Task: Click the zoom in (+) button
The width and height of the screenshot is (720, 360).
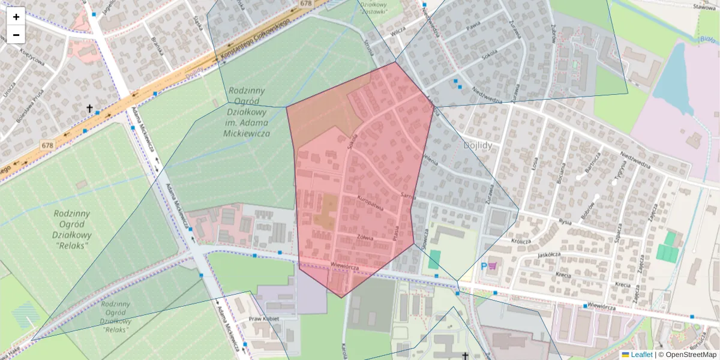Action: click(16, 17)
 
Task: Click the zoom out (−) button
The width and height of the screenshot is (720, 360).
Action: click(16, 35)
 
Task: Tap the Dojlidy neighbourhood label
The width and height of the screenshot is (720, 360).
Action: click(478, 145)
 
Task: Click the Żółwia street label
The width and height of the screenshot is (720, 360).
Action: click(365, 238)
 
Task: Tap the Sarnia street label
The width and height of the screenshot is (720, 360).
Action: click(409, 196)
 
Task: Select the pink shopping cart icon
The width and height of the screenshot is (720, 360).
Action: click(494, 265)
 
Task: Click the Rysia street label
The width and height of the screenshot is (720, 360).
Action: click(565, 221)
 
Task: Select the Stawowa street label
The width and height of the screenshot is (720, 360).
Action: click(704, 7)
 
